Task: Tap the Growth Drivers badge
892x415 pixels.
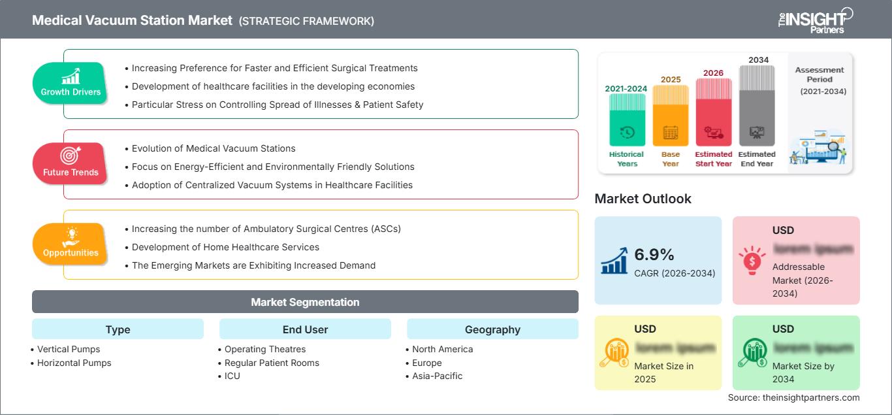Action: tap(71, 84)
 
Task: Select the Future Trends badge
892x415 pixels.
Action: tap(71, 164)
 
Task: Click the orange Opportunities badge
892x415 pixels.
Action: tap(71, 244)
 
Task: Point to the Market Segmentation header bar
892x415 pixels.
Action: tap(305, 302)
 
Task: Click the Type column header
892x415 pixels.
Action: tap(118, 329)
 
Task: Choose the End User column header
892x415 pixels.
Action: tap(305, 329)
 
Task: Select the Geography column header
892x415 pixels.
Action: tap(492, 329)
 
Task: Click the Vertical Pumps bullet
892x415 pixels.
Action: tap(69, 349)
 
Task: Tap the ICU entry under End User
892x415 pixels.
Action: tap(232, 376)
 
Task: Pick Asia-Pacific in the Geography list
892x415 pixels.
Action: tap(437, 376)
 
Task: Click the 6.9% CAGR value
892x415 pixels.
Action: tap(654, 254)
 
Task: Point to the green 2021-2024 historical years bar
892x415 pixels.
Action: tap(627, 120)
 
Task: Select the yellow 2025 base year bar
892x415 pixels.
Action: tap(670, 116)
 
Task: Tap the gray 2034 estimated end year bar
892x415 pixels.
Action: tap(757, 106)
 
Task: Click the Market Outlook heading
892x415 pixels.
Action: tap(643, 199)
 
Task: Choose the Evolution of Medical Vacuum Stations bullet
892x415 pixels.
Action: tap(214, 148)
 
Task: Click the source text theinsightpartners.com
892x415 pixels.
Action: tap(793, 397)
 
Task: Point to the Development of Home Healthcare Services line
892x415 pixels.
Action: tap(225, 247)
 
